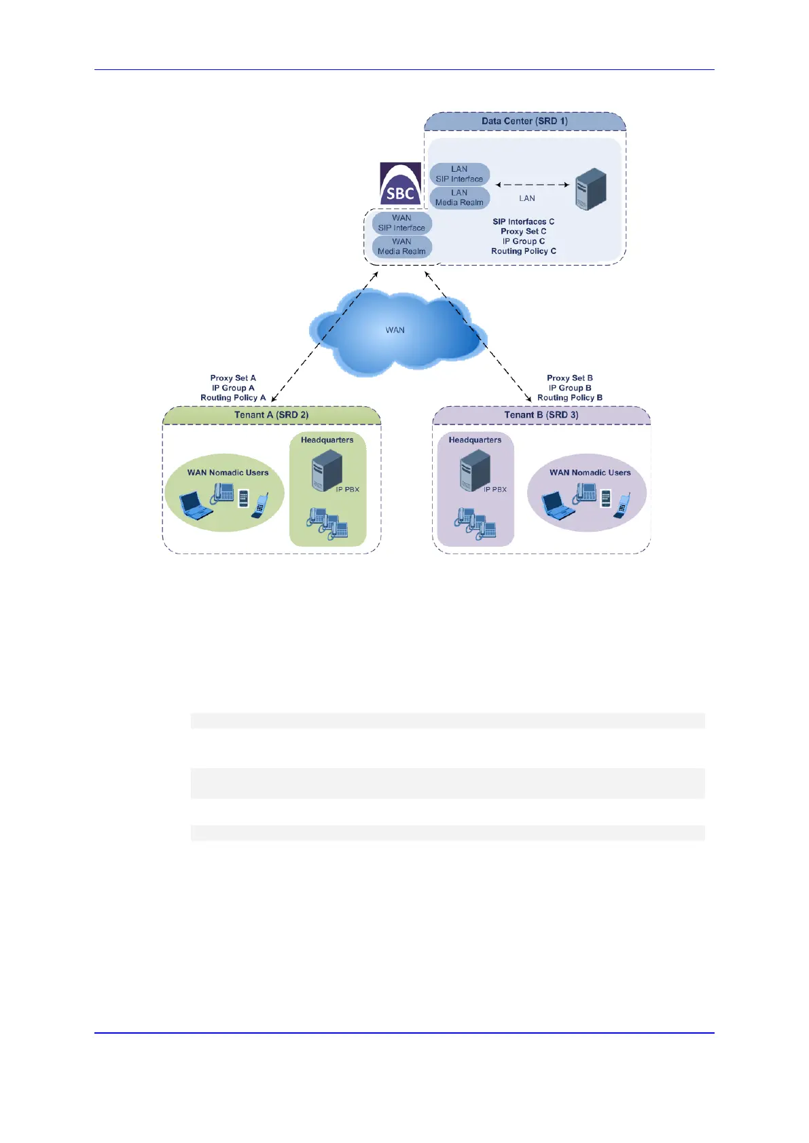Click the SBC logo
click(x=400, y=184)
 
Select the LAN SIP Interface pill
click(x=459, y=174)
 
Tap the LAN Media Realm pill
click(x=459, y=198)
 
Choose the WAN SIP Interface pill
click(x=401, y=223)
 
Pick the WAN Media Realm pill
click(x=401, y=247)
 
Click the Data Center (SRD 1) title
click(x=524, y=122)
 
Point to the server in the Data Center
click(x=590, y=189)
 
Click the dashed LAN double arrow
click(x=532, y=185)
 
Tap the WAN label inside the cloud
click(x=395, y=330)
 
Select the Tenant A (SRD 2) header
click(x=271, y=415)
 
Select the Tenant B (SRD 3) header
click(x=541, y=415)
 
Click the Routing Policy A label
click(x=233, y=398)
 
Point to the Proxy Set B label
click(x=569, y=378)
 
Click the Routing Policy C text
click(x=524, y=251)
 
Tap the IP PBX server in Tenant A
click(x=326, y=470)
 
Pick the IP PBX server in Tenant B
click(x=475, y=470)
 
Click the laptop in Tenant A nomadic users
click(x=196, y=506)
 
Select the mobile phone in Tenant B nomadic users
click(x=622, y=506)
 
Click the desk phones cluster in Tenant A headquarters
click(x=328, y=524)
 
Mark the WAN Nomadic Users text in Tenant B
click(x=590, y=473)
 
